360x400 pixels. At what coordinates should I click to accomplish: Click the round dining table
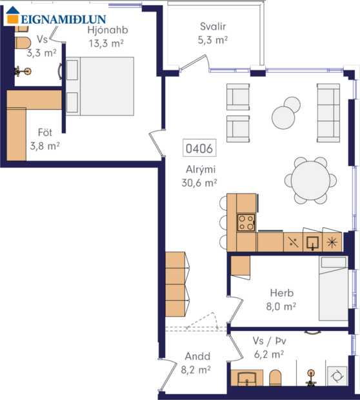tap(310, 181)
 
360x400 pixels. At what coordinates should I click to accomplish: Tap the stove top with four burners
tap(246, 223)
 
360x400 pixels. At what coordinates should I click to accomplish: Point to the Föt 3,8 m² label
tap(45, 139)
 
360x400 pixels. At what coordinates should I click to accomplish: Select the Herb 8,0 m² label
tap(280, 301)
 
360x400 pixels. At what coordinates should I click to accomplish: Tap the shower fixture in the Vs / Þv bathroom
tap(312, 375)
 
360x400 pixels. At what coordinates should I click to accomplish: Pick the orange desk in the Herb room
tap(240, 265)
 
